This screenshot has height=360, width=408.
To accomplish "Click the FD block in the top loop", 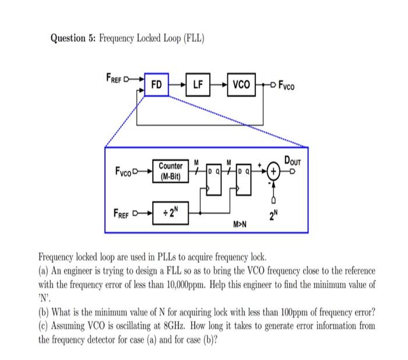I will coord(156,85).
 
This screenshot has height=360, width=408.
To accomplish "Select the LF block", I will coord(198,85).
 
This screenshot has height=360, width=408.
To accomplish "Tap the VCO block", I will coord(241,85).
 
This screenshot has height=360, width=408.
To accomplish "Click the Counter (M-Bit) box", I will coord(171,171).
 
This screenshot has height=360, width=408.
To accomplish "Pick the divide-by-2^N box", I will coord(171,209).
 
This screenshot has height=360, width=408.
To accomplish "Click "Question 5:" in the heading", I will coord(72,38).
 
